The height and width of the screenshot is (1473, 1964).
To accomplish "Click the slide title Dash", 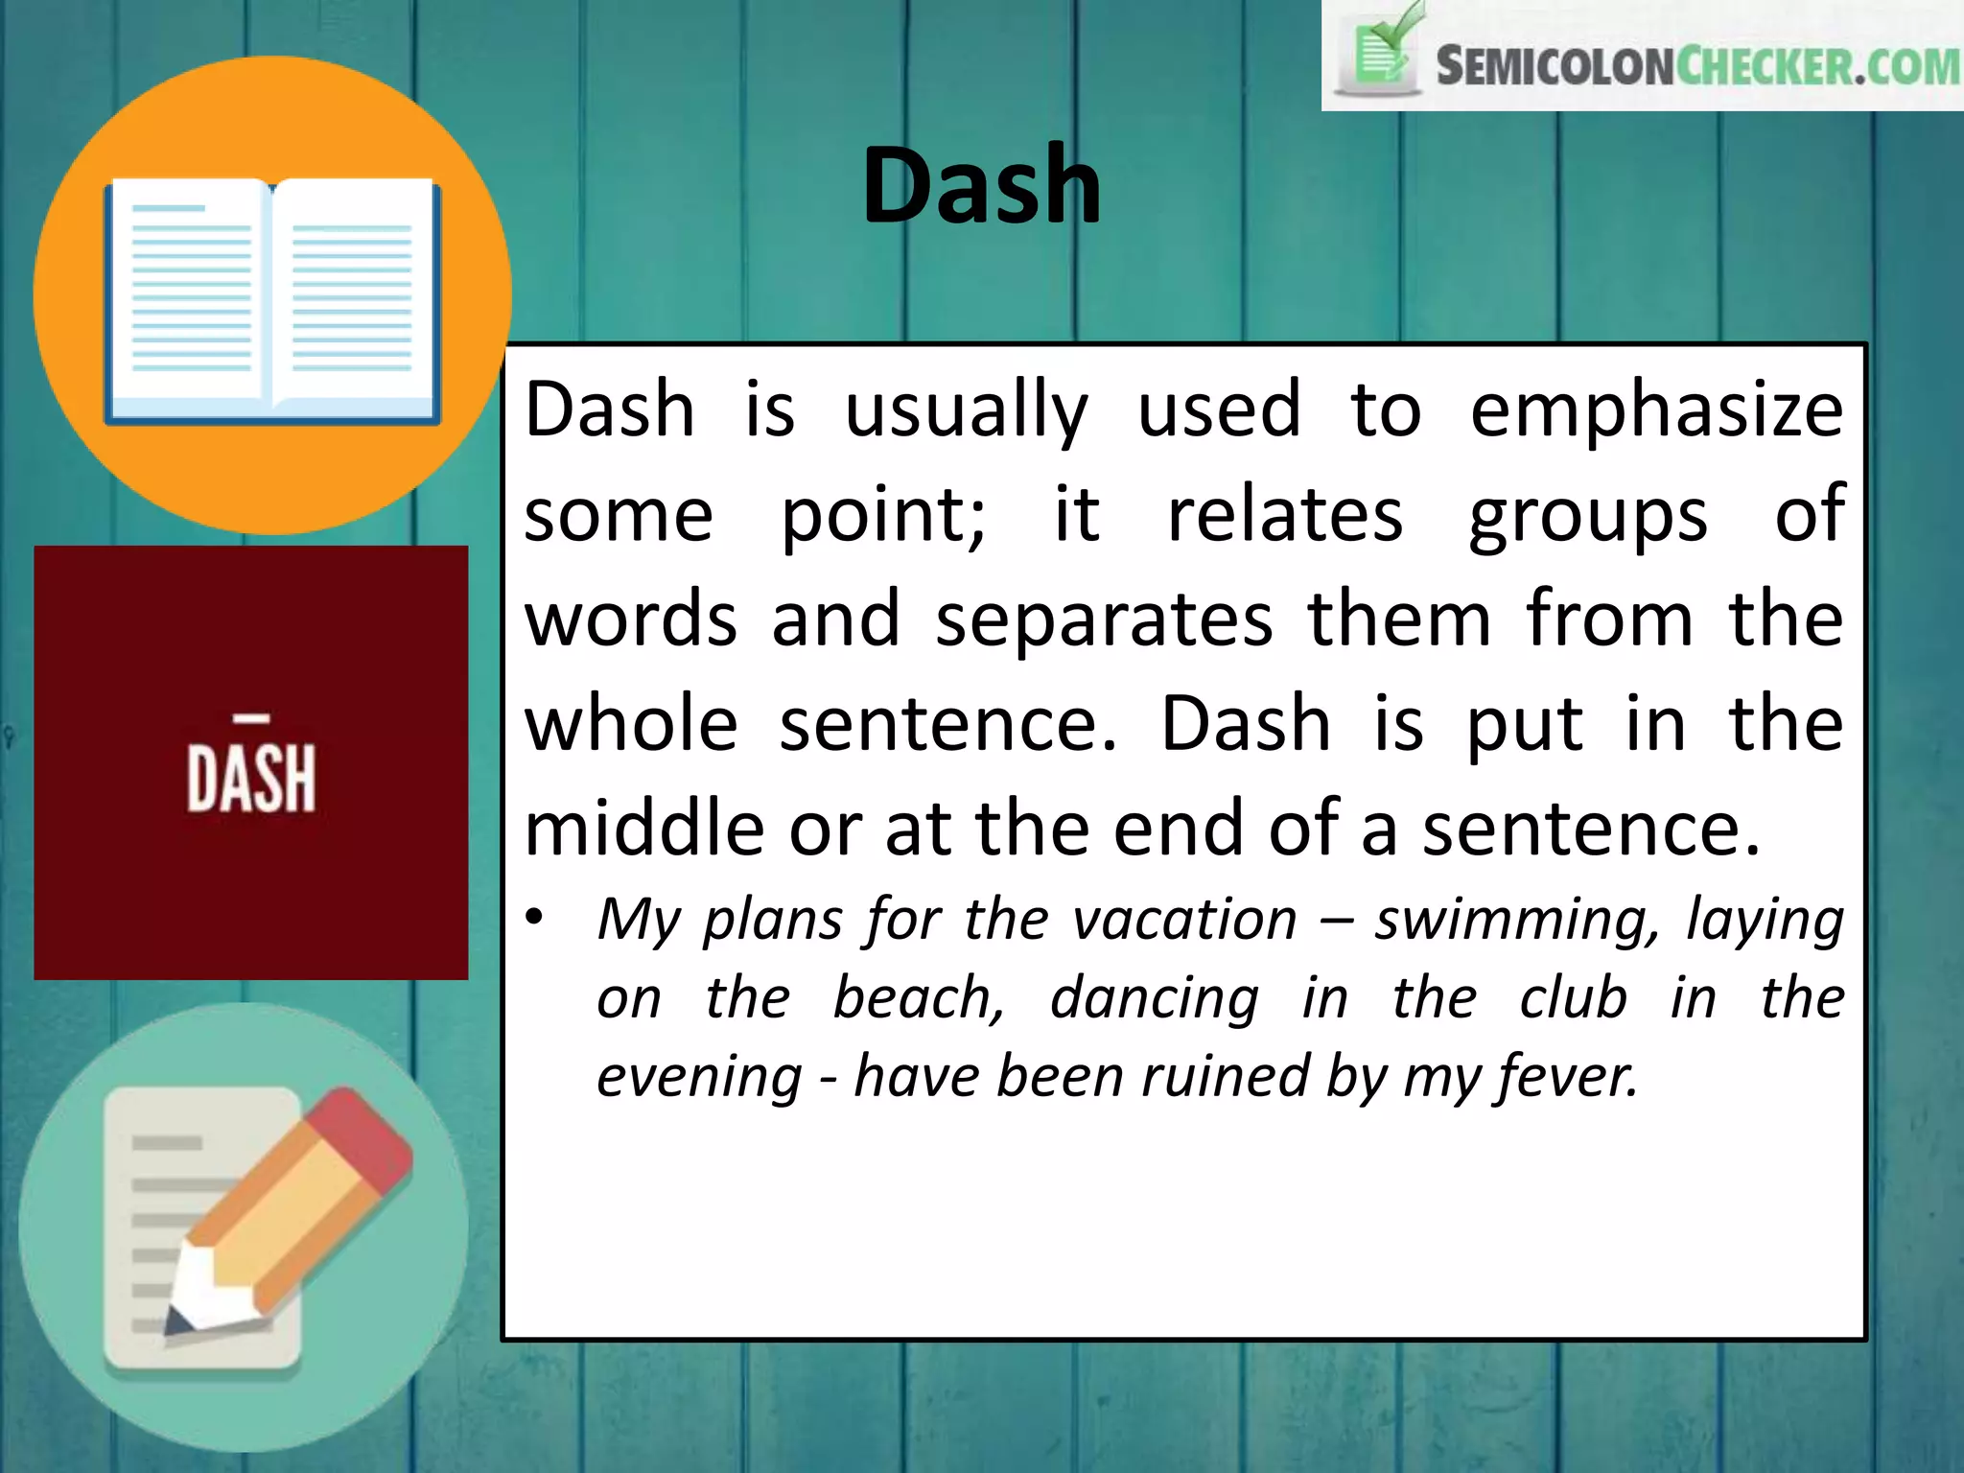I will pos(981,185).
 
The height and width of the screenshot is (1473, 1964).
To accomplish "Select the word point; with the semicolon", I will pos(883,516).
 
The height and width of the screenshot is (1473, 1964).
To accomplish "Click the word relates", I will pos(1285,515).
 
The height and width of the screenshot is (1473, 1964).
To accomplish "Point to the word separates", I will pos(1104,620).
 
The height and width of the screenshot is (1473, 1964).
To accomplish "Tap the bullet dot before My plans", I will pos(535,917).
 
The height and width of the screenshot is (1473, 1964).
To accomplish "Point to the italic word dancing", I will pos(1155,998).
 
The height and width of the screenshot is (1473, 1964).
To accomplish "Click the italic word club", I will pos(1574,998).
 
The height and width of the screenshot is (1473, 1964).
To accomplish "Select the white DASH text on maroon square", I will pos(251,779).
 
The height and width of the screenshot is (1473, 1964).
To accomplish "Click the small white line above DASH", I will pos(252,717).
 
